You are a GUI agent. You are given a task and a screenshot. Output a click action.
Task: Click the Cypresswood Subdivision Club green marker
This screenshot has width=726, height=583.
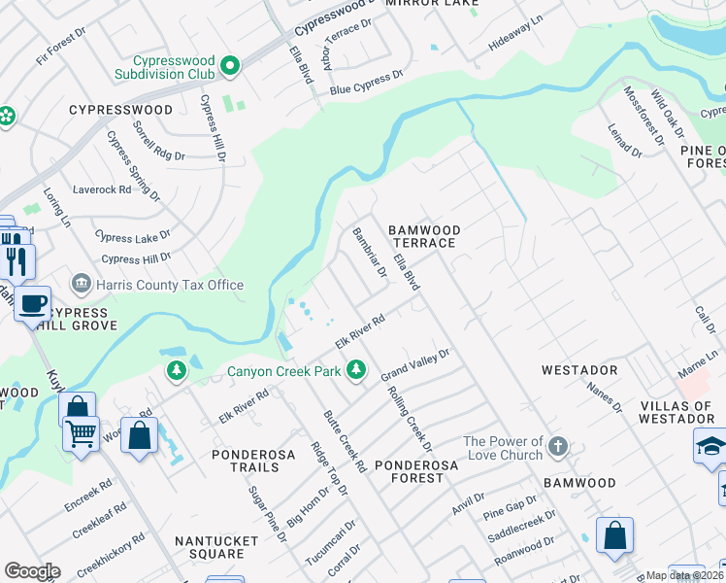click(230, 66)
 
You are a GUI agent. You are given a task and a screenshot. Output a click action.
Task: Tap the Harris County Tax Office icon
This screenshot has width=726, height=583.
click(82, 284)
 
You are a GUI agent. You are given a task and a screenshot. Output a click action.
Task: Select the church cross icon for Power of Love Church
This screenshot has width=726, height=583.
click(557, 447)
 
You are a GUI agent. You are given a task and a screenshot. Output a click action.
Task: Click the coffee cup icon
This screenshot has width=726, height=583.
click(32, 302)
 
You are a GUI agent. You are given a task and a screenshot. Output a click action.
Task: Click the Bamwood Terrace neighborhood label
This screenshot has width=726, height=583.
click(423, 236)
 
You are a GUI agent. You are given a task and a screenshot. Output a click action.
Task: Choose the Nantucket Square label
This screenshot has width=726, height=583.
click(210, 547)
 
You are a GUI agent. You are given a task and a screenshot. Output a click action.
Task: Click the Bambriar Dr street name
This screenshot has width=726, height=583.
click(369, 252)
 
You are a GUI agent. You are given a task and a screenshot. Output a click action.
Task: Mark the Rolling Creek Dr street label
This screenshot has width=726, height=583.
click(409, 420)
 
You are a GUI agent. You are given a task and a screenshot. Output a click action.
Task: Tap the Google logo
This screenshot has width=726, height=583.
click(32, 571)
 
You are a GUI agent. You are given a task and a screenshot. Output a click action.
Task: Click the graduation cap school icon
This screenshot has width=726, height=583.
click(709, 446)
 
